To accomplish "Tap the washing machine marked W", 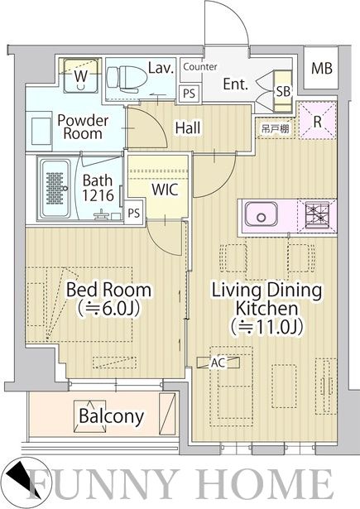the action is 80,75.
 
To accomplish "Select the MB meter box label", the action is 322,68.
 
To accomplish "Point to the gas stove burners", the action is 317,214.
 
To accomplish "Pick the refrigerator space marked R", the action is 317,121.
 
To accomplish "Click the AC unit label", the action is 218,363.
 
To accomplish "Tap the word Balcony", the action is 112,416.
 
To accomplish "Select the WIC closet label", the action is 165,189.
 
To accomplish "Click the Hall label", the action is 188,127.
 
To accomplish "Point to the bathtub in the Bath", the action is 55,188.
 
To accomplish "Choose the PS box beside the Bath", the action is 134,213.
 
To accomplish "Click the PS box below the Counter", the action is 189,94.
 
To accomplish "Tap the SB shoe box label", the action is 283,91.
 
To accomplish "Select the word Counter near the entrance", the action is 200,67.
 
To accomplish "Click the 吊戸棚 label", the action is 275,129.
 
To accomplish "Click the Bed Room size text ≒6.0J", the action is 109,309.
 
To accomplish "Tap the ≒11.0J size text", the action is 266,327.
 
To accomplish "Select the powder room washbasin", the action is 41,131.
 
